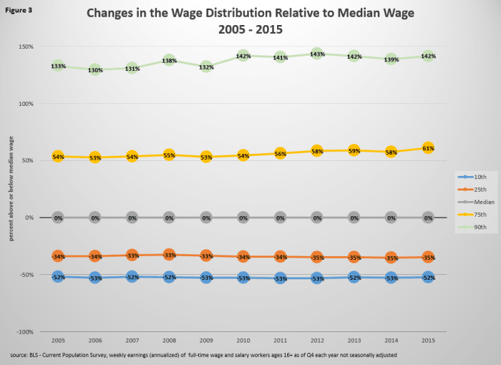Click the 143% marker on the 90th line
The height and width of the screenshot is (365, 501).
click(x=316, y=54)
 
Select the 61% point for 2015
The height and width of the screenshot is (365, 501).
click(x=427, y=148)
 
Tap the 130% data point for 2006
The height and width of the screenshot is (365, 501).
click(x=95, y=69)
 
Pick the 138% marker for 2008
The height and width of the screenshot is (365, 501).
click(x=169, y=61)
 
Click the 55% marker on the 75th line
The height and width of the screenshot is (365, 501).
click(x=169, y=155)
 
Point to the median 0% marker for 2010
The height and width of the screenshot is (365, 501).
click(x=243, y=218)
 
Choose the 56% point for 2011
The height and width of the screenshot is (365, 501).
click(x=280, y=153)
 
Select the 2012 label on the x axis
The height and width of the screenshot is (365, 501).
click(x=316, y=341)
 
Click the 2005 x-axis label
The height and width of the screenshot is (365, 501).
click(x=58, y=341)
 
